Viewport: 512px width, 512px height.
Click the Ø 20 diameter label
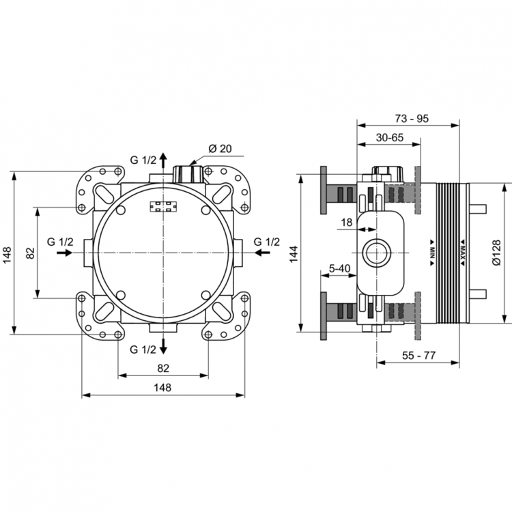220,149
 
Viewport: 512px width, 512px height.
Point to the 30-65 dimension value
389,138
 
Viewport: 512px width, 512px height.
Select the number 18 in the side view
346,223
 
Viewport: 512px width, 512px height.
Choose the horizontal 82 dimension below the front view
162,368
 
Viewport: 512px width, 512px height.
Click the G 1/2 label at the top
143,160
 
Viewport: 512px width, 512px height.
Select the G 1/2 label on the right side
266,242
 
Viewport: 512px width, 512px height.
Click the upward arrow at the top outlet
163,162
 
